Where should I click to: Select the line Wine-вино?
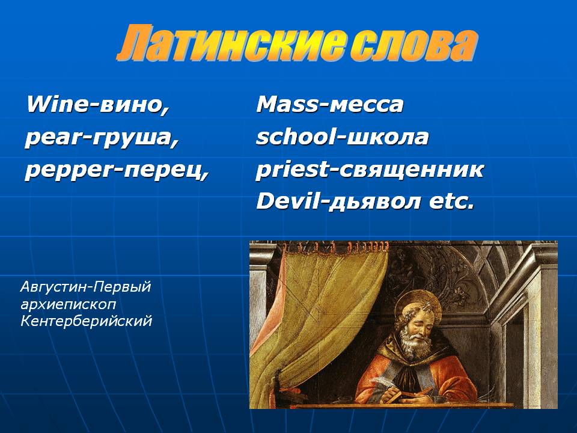click(x=98, y=105)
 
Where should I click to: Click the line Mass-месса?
click(x=330, y=105)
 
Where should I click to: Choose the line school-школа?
click(x=342, y=137)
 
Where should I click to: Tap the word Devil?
click(x=287, y=202)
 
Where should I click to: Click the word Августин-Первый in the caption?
click(x=85, y=287)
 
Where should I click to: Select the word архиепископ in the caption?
click(x=68, y=304)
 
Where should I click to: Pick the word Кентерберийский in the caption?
click(x=86, y=321)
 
